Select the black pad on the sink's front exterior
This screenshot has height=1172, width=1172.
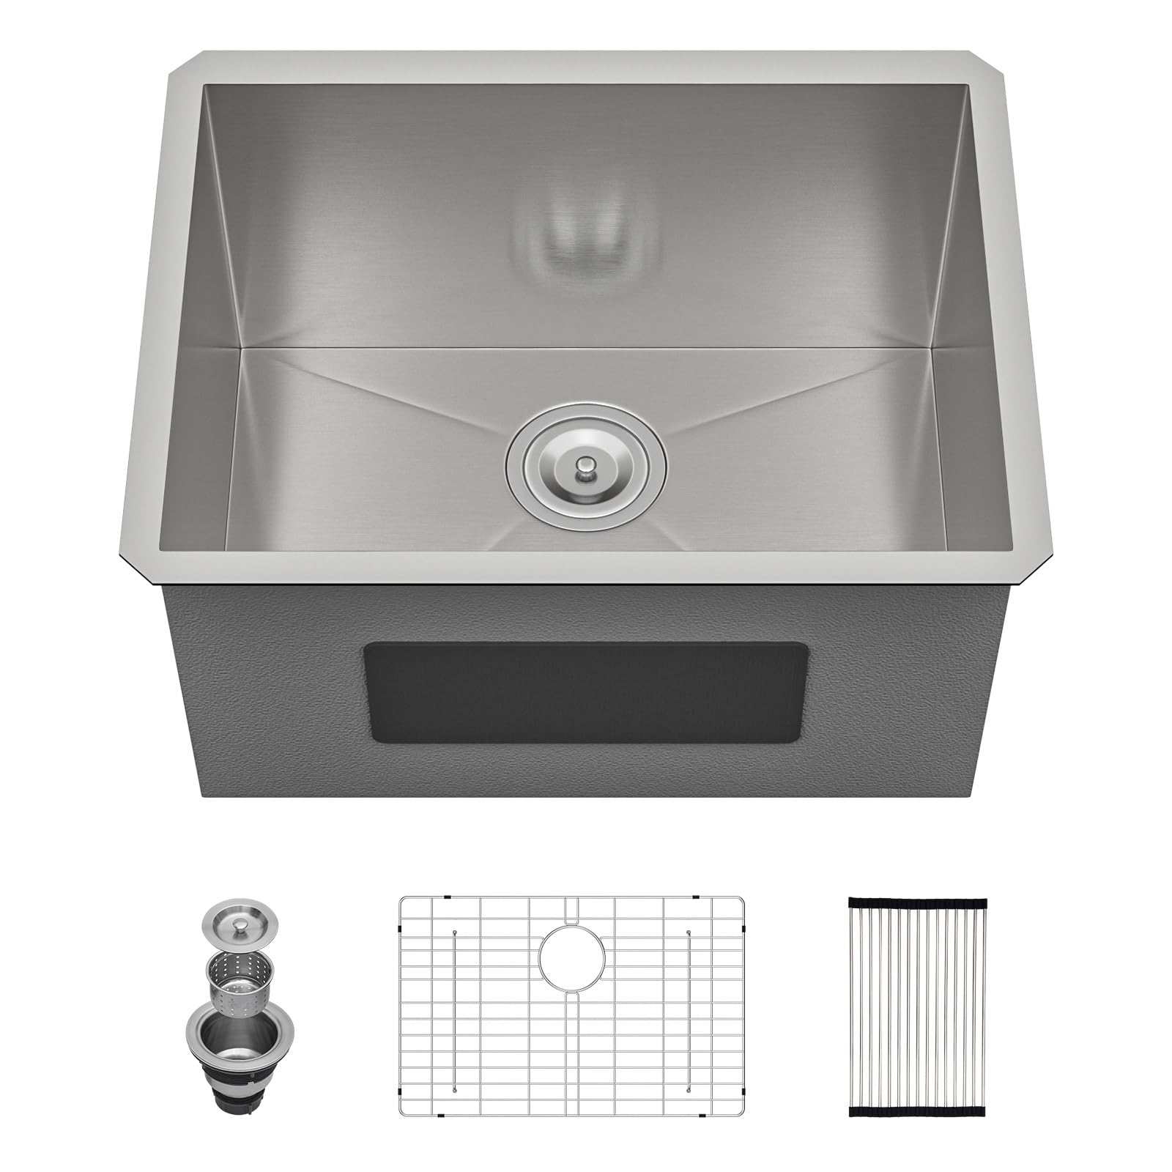click(586, 692)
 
